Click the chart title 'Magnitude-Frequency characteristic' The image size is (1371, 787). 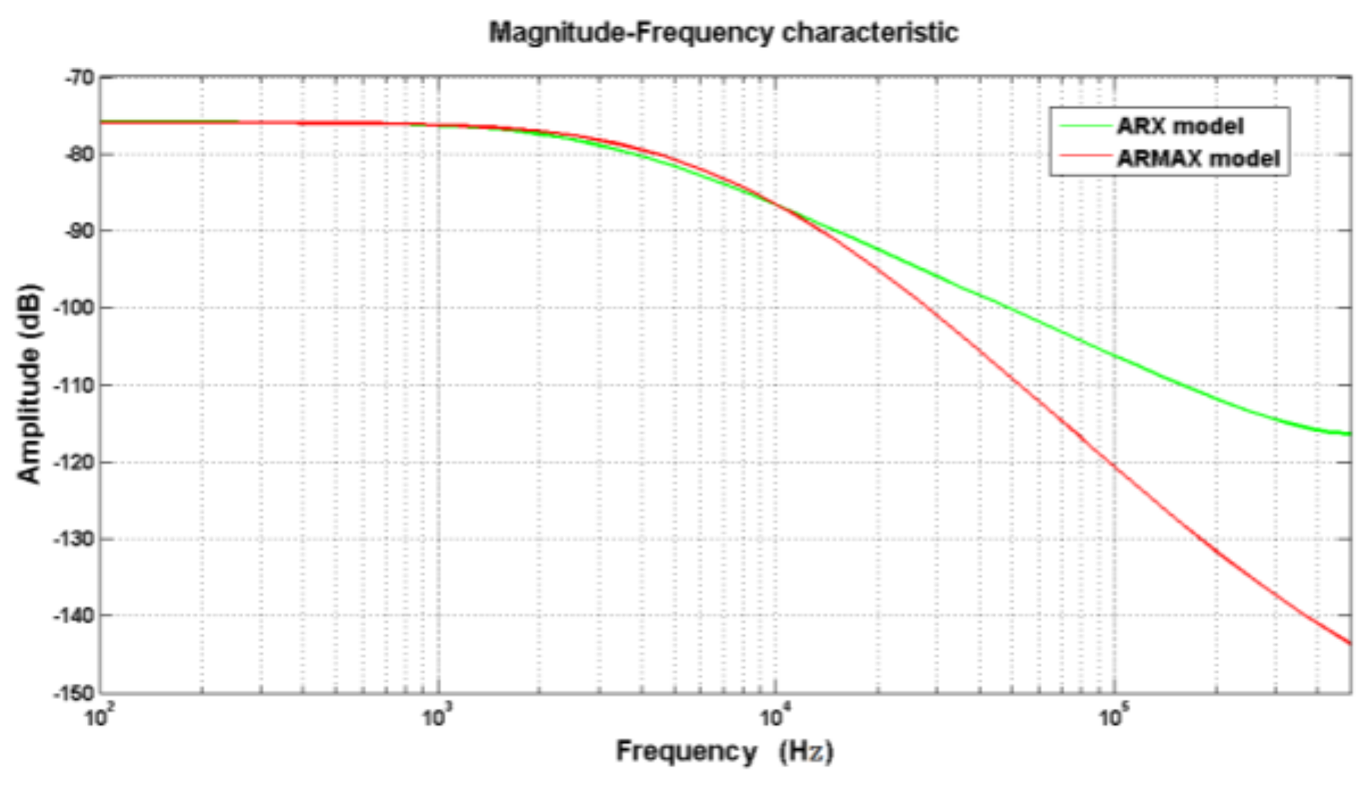(723, 33)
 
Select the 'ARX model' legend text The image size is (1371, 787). (1179, 126)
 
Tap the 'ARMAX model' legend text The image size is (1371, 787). (1197, 158)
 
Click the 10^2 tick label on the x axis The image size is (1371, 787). (97, 716)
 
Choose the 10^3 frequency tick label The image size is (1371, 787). (435, 716)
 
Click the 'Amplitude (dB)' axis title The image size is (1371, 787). (29, 383)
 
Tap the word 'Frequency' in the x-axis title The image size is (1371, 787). (686, 751)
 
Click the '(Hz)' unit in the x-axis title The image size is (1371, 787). (806, 751)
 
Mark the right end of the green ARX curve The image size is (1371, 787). (1349, 434)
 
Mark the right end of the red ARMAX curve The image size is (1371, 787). (1349, 643)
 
